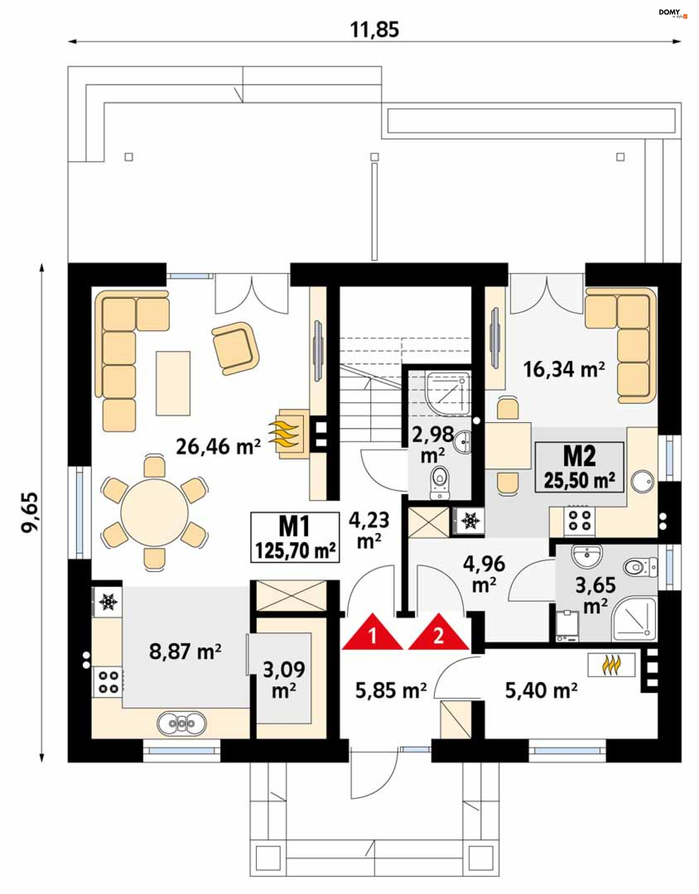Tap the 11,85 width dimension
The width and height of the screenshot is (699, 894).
tap(374, 30)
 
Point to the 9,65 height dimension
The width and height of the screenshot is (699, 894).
tap(30, 512)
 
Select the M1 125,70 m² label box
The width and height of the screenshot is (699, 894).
tap(295, 537)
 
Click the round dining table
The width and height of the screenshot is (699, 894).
tap(154, 512)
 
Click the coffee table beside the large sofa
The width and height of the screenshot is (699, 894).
tap(173, 383)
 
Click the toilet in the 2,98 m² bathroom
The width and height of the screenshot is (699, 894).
tap(440, 484)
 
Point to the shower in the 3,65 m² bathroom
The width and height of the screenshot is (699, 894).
tap(634, 619)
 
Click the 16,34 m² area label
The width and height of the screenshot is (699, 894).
tap(564, 370)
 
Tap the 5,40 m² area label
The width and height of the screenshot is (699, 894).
tap(541, 691)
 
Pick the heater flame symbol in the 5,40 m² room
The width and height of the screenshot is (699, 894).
tap(611, 665)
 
